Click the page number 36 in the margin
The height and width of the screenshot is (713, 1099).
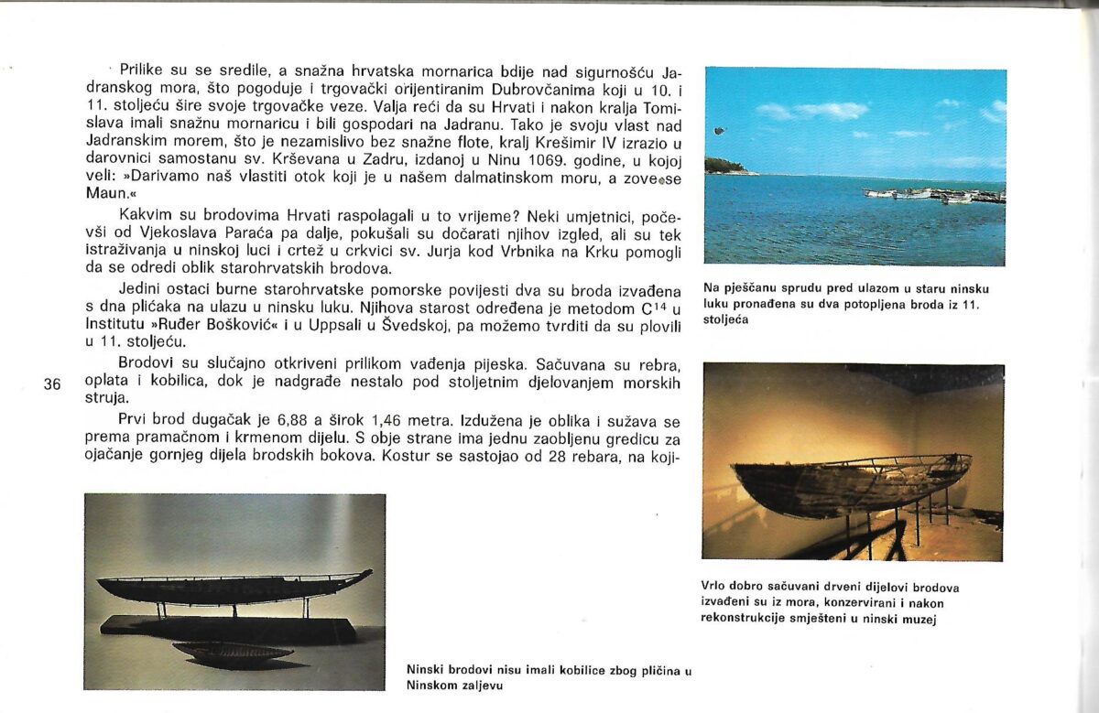tap(52, 384)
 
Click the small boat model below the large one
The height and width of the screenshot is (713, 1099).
tap(232, 654)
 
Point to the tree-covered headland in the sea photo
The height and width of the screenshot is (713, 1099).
tap(726, 166)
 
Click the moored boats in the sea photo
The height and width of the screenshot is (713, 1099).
tap(934, 195)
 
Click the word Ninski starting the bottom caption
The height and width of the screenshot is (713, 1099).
tap(429, 669)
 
